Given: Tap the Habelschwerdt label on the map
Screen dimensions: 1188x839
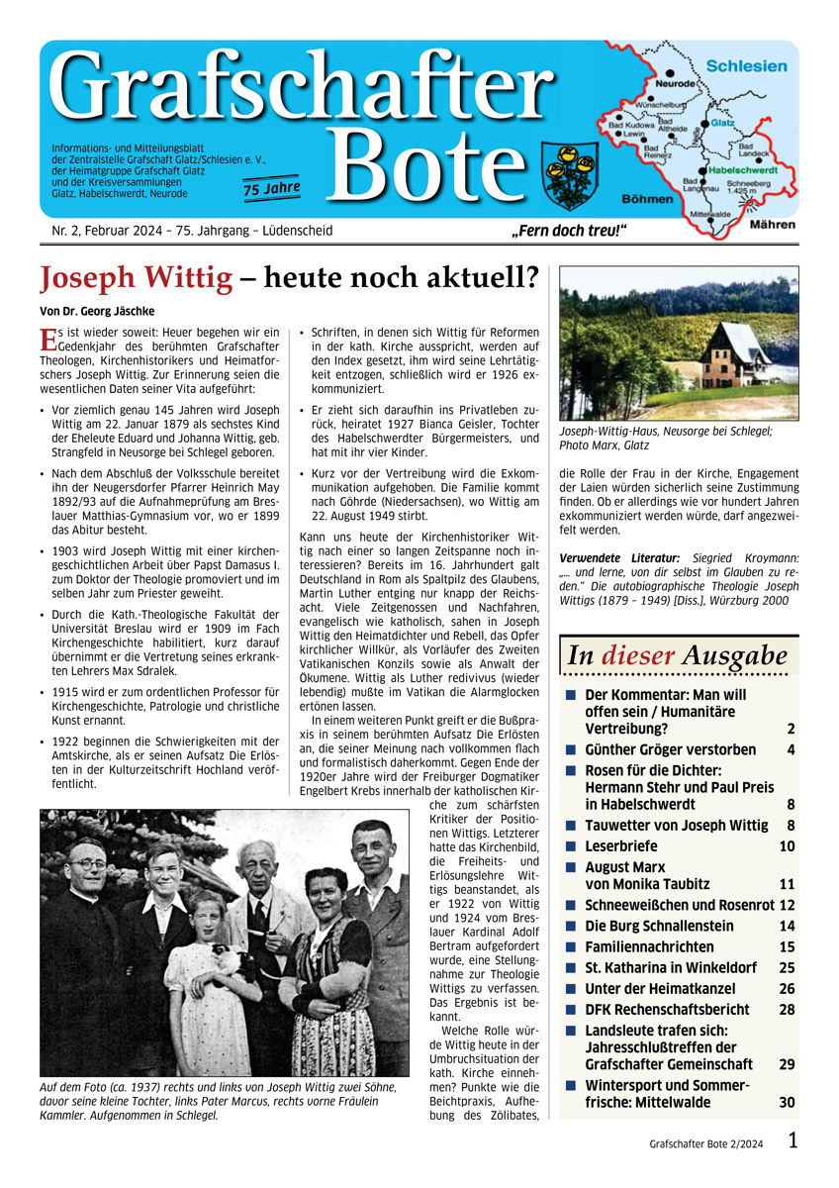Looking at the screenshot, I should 739,170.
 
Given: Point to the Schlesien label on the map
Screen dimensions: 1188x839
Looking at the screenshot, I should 747,66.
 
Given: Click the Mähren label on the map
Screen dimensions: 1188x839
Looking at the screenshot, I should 772,226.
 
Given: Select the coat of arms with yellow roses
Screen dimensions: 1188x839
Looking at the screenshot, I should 567,171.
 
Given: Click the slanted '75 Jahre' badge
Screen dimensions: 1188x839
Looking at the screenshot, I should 272,188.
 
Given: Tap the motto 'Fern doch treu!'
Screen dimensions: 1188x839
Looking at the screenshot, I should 569,232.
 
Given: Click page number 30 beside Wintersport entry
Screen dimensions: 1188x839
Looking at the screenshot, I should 787,1102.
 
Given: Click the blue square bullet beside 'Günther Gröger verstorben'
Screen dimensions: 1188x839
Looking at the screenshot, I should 571,750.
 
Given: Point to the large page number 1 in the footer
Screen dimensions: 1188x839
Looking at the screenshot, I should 793,1140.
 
